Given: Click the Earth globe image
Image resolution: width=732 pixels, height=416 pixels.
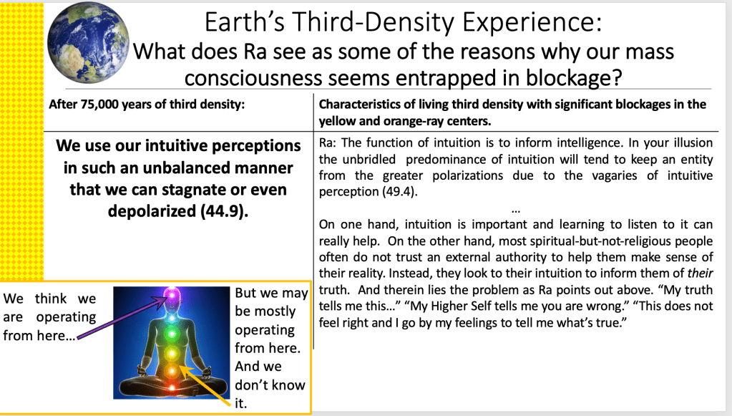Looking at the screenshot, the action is [x=88, y=42].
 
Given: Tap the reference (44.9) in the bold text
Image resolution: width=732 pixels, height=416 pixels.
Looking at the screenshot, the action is [x=224, y=211].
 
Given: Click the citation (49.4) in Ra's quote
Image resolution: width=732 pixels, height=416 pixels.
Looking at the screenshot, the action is [x=399, y=191].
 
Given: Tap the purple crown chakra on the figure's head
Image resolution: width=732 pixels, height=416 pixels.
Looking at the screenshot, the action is [x=171, y=294].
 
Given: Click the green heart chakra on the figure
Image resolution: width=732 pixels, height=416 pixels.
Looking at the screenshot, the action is [x=171, y=334].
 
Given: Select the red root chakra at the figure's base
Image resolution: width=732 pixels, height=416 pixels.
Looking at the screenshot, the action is [x=171, y=387].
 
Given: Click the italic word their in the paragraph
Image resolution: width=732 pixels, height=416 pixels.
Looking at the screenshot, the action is [x=700, y=273].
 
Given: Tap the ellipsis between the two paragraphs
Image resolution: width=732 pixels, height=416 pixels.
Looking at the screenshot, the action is [x=515, y=211].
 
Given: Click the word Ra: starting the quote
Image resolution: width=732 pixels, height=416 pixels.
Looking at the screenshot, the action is [x=328, y=143].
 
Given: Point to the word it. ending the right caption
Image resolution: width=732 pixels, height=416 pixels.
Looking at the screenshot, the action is [x=240, y=403].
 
